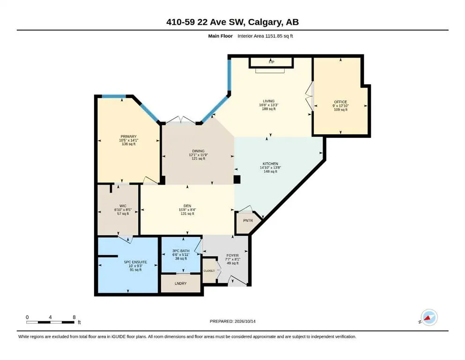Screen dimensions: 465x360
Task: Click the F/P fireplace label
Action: click(271, 62)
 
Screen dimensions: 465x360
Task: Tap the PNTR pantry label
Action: click(248, 220)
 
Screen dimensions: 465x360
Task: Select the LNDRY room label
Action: click(181, 284)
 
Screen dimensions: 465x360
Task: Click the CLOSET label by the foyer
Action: click(209, 271)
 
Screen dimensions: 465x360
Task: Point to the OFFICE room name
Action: click(340, 102)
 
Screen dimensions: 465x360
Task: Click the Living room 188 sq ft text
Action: click(269, 109)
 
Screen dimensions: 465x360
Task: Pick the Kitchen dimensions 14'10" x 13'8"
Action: click(271, 168)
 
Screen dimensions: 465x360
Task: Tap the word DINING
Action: click(198, 151)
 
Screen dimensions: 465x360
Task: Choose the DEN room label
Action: click(187, 206)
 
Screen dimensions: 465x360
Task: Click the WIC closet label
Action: click(123, 206)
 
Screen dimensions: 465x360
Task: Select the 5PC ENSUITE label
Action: click(135, 262)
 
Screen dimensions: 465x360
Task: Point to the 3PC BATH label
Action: click(181, 251)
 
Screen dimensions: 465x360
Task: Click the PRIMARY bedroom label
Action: click(128, 136)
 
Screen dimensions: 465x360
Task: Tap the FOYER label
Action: click(232, 255)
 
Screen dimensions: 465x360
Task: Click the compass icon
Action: click(429, 317)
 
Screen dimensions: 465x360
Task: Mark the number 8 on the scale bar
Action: click(74, 317)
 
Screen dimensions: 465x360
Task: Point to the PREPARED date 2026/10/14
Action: click(245, 322)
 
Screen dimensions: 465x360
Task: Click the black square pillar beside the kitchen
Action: click(237, 180)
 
